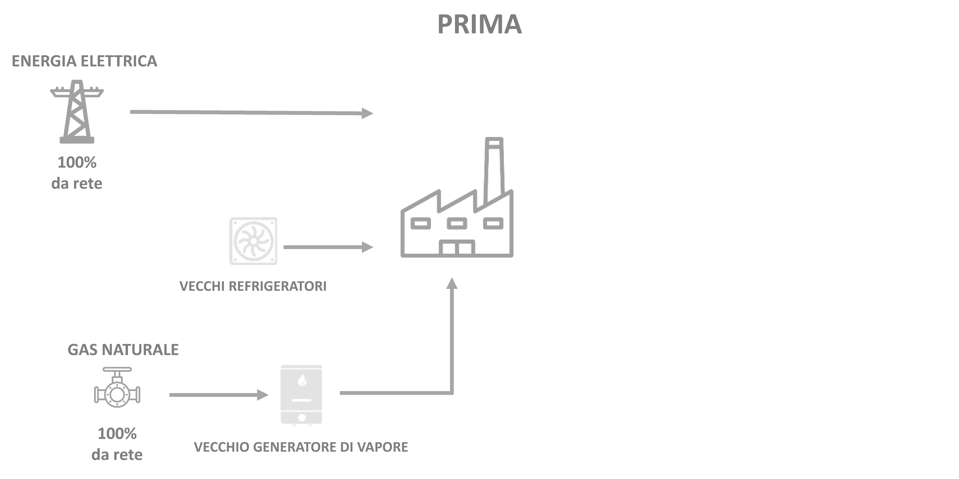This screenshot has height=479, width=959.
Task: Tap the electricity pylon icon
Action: pyautogui.click(x=77, y=112)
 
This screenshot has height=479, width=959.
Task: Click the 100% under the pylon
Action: pyautogui.click(x=77, y=163)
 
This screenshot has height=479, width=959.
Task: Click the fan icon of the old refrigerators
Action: pyautogui.click(x=253, y=241)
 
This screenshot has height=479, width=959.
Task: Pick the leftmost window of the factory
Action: pyautogui.click(x=421, y=224)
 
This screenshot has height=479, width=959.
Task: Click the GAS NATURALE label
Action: pyautogui.click(x=123, y=350)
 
